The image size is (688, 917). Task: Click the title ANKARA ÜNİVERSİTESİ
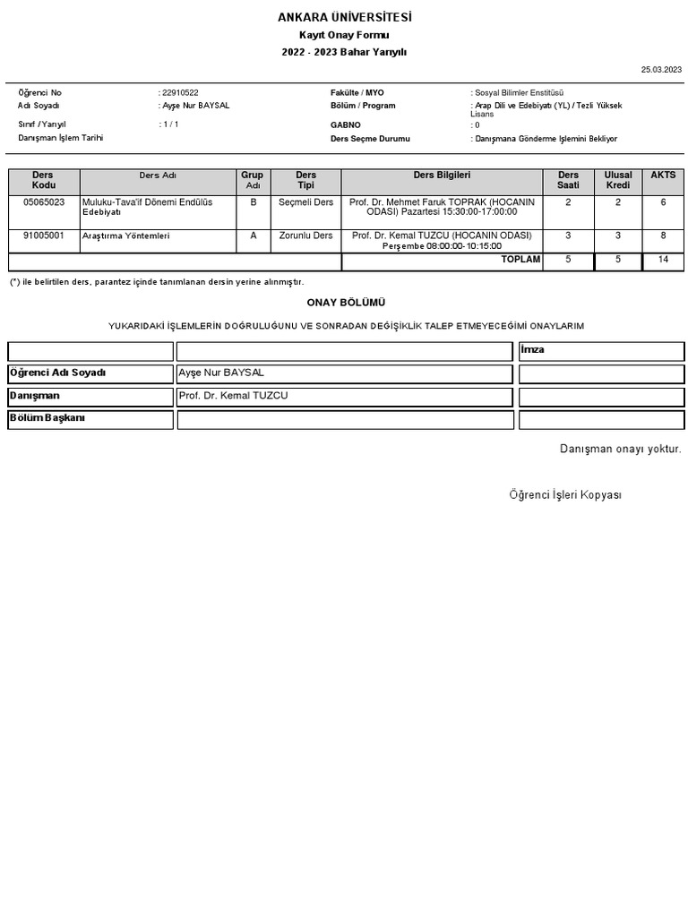tap(345, 18)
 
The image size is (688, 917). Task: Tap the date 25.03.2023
tap(661, 69)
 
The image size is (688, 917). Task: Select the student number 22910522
tap(181, 93)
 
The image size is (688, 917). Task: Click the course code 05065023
tap(44, 202)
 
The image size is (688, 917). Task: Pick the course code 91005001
tap(44, 236)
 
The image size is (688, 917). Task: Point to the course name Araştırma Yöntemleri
tap(125, 236)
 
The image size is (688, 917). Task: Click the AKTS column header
tap(663, 176)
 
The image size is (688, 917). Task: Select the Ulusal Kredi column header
tap(618, 181)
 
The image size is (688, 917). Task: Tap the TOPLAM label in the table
tap(520, 260)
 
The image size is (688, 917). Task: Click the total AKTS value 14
tap(663, 260)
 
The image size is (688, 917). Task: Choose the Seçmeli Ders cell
tap(305, 202)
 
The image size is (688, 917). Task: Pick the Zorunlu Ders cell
tap(305, 236)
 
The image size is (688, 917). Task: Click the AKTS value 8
tap(663, 236)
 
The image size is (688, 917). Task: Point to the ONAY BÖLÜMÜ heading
tap(346, 303)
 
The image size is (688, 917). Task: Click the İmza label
tap(533, 350)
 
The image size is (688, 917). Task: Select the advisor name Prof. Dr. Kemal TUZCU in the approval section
tap(233, 396)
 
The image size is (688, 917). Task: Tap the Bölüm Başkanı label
tap(47, 418)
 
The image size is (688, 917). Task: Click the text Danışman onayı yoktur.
tap(620, 449)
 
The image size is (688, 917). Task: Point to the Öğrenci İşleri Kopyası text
tap(565, 495)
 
